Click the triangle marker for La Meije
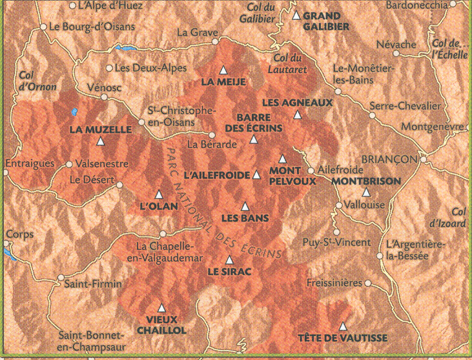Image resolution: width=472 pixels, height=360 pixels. point(223,70)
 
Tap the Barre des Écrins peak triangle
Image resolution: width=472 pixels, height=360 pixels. point(253,137)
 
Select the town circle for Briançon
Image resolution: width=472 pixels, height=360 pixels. point(424,159)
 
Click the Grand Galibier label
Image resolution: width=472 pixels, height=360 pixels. point(326,21)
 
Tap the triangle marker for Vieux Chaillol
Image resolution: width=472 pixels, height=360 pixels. point(161,308)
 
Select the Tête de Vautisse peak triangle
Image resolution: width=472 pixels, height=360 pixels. point(343,326)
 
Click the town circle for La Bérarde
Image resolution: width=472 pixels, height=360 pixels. point(212,135)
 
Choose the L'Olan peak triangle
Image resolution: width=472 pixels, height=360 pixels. point(159,194)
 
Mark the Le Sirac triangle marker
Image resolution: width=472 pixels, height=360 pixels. point(230,260)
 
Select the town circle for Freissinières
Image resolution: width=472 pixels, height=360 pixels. point(368,283)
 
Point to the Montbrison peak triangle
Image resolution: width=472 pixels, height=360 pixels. point(366,192)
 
